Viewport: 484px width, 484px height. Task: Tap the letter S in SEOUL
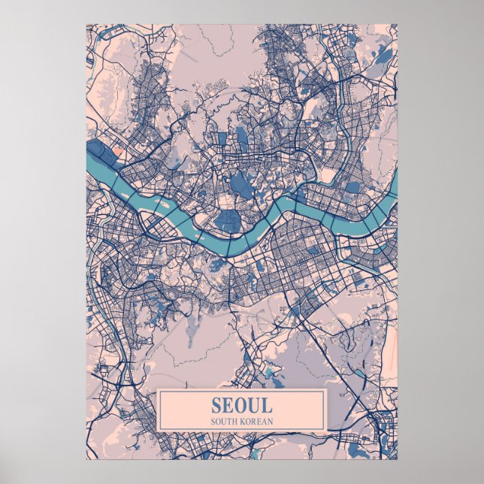coord(217,405)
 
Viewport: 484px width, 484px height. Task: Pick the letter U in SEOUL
coord(253,405)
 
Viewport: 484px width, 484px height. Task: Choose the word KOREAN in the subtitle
coord(256,420)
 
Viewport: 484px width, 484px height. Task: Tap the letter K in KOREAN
coord(243,420)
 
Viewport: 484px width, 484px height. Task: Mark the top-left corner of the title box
coord(158,389)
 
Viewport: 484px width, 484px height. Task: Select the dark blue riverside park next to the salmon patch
coord(101,150)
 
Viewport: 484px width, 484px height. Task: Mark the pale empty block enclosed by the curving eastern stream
coord(328,175)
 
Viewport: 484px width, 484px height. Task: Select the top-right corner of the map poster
coord(398,24)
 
